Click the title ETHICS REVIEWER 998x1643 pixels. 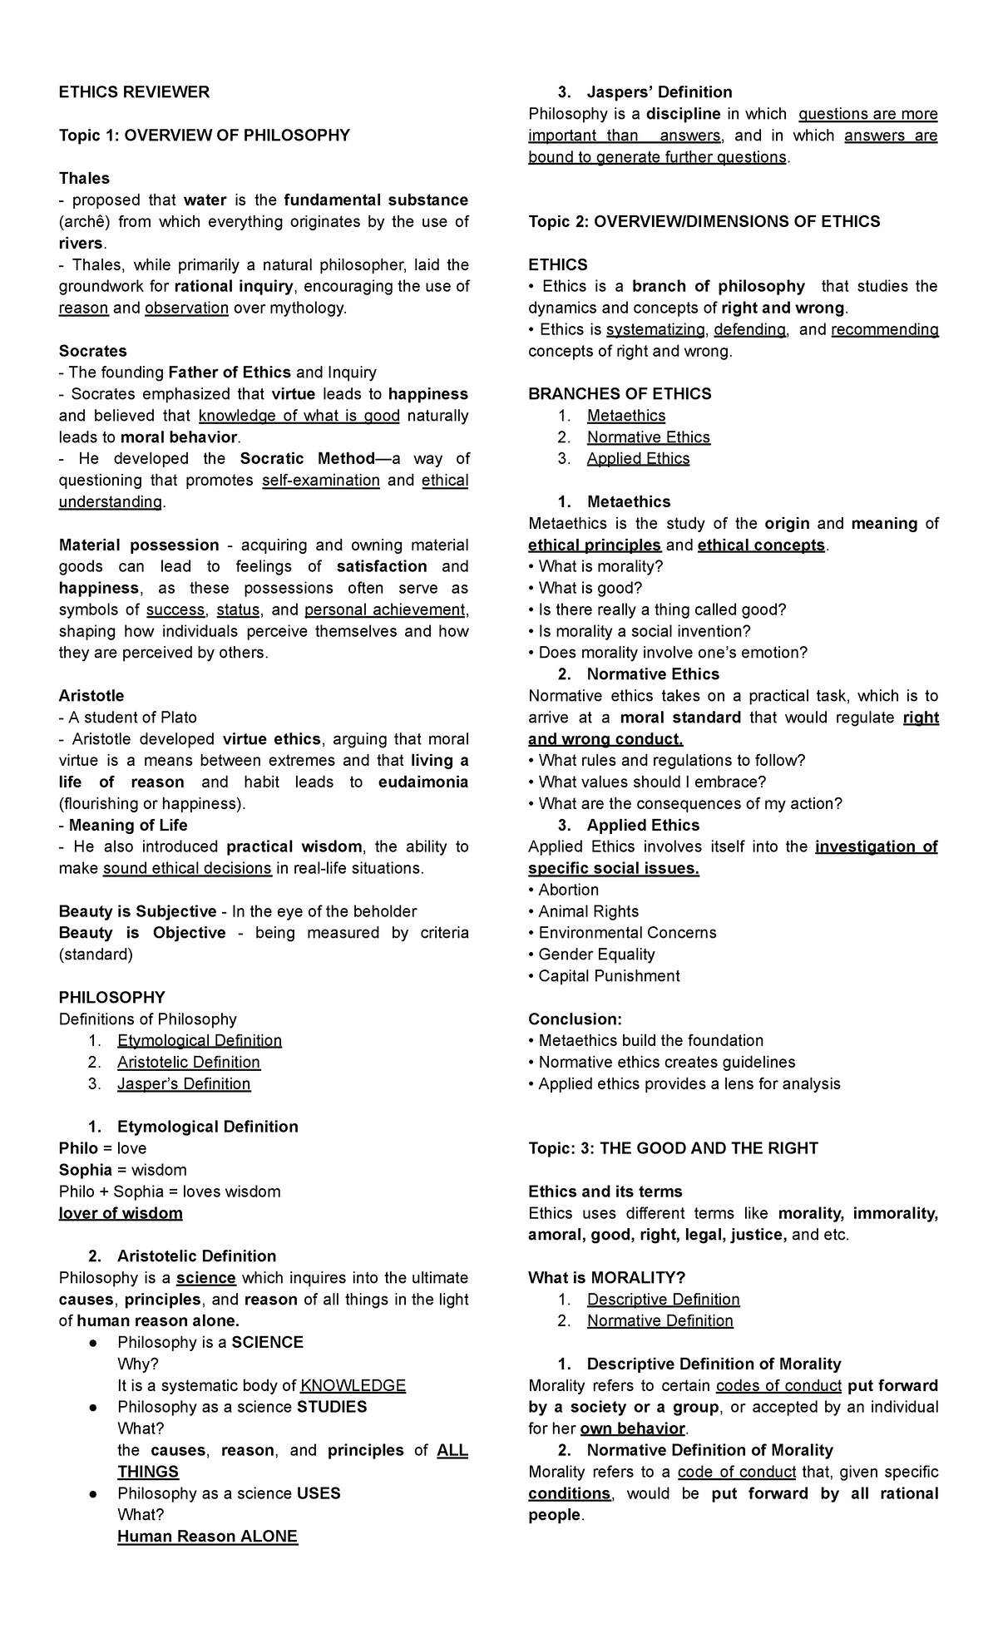[134, 92]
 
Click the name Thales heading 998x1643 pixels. [84, 179]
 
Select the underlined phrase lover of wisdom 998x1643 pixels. [121, 1213]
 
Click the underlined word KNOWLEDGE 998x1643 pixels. [353, 1386]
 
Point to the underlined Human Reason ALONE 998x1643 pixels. [207, 1537]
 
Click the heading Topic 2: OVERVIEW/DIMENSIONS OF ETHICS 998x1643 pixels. [704, 222]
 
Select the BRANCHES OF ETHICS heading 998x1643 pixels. [620, 394]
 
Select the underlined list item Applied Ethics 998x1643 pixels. [638, 459]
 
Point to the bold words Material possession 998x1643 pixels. [139, 545]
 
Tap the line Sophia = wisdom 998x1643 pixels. [122, 1170]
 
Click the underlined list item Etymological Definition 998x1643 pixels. [200, 1041]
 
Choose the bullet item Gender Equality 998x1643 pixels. [595, 955]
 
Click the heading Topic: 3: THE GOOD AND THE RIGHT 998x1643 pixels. [673, 1148]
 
